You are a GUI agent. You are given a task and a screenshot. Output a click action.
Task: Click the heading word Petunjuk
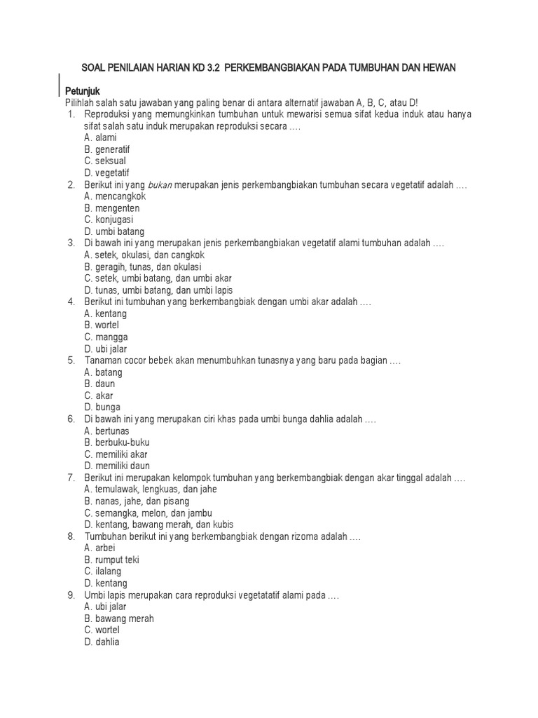click(83, 91)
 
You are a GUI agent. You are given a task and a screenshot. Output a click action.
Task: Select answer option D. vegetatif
click(106, 172)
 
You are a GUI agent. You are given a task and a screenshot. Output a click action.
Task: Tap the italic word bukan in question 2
click(159, 184)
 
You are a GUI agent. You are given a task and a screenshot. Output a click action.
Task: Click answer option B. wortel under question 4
click(102, 325)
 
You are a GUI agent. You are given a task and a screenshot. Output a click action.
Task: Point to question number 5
click(71, 360)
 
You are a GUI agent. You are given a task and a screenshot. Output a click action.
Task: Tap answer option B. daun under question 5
click(99, 384)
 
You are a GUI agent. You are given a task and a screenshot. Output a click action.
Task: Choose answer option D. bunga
click(102, 407)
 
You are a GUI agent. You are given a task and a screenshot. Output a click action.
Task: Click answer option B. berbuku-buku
click(117, 442)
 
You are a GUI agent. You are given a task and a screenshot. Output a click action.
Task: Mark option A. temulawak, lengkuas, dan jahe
click(150, 489)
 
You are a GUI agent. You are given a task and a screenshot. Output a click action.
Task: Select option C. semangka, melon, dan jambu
click(149, 513)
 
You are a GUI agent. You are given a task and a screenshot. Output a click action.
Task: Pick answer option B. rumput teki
click(112, 560)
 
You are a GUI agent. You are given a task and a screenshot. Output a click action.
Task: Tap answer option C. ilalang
click(103, 571)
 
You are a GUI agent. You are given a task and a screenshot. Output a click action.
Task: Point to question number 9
click(71, 595)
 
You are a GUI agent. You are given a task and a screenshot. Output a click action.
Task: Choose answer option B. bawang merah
click(119, 618)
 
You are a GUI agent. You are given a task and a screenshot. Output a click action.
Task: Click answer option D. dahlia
click(102, 642)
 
